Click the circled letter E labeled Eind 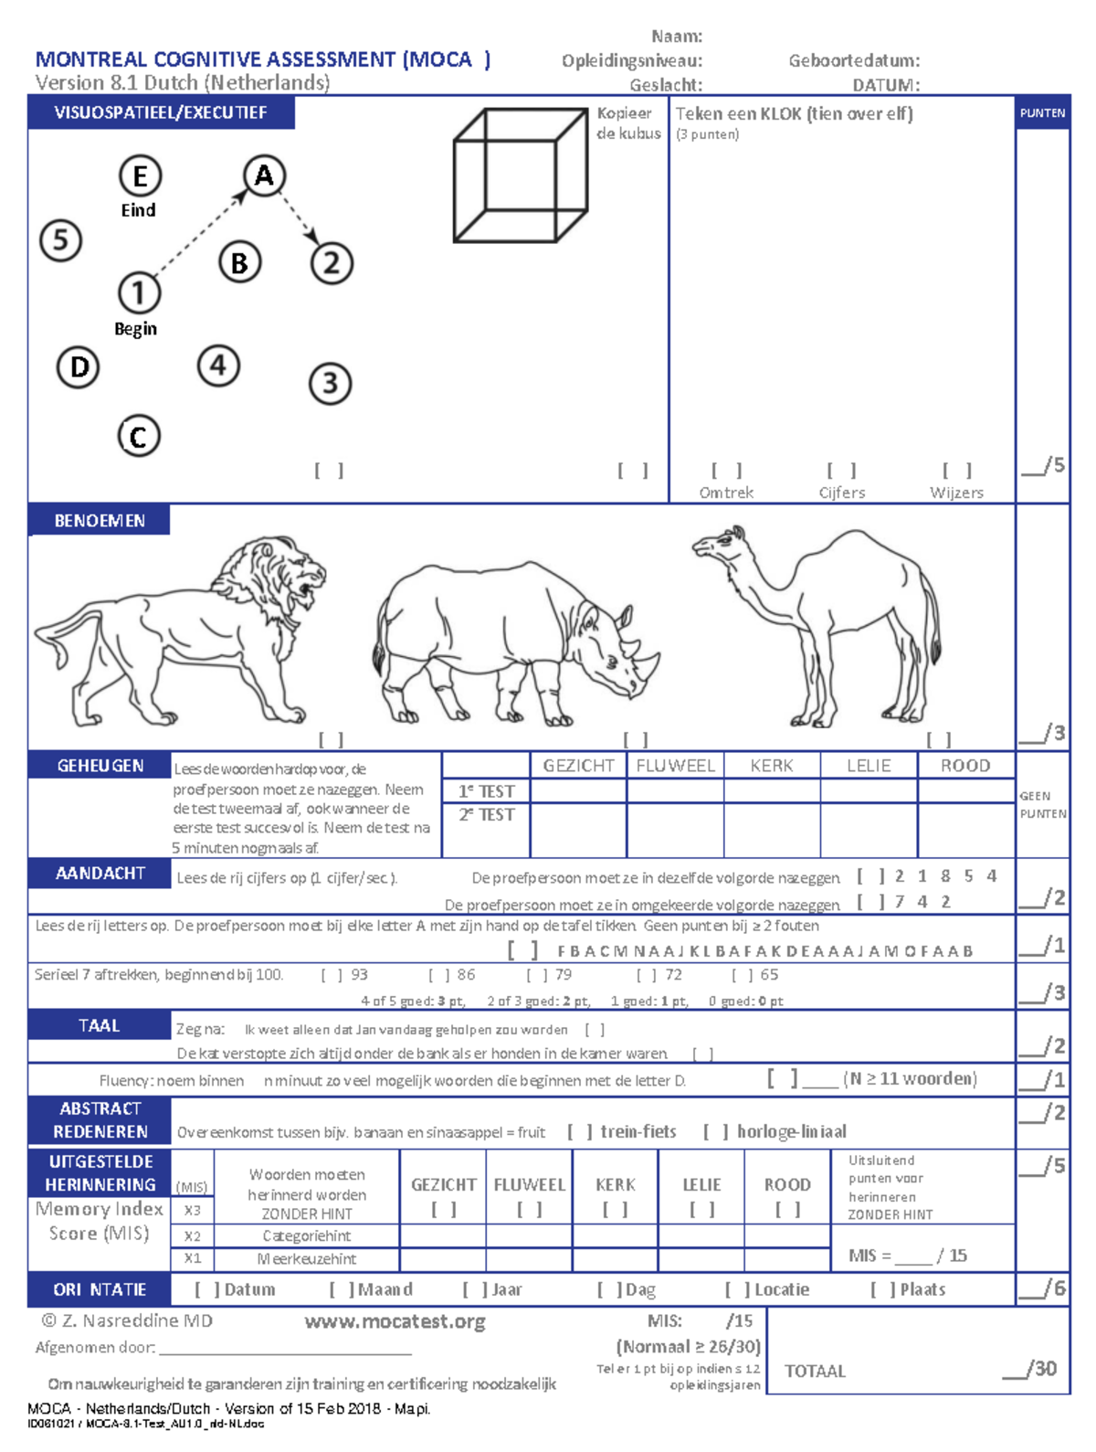(140, 175)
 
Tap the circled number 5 (61, 240)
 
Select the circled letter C (139, 436)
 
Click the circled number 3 (330, 383)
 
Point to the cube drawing (520, 175)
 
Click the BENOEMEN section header (100, 520)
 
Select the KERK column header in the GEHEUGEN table (772, 766)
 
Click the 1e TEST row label (486, 791)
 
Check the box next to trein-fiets (580, 1131)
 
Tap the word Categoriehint (307, 1235)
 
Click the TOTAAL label (815, 1371)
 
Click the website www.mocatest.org (395, 1321)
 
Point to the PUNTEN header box (1042, 112)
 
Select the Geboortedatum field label (854, 60)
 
